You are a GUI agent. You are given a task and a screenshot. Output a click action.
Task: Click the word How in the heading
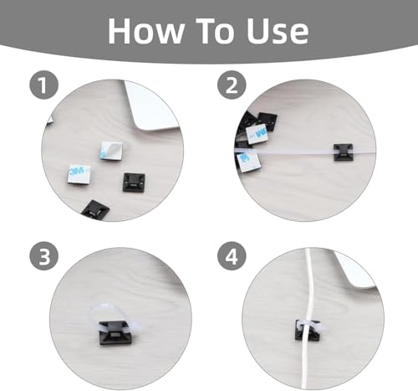[x=146, y=31]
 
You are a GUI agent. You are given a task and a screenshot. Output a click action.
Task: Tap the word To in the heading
[x=215, y=31]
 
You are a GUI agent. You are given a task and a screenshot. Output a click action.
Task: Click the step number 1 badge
[x=44, y=85]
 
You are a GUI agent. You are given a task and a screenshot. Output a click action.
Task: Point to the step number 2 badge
[x=232, y=85]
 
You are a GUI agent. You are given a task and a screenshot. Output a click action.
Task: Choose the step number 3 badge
[x=44, y=256]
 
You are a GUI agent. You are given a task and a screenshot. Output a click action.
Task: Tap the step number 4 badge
[x=232, y=256]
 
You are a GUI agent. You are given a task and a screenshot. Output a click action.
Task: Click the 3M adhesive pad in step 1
[x=79, y=175]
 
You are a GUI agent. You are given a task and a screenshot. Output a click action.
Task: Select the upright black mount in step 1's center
[x=134, y=183]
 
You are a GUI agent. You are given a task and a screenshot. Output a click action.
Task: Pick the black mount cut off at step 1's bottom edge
[x=95, y=209]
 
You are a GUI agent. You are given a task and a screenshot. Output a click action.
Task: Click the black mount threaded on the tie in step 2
[x=344, y=152]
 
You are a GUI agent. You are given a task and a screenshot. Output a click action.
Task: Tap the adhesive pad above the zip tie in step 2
[x=257, y=135]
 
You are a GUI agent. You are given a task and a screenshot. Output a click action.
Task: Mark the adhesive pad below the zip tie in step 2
[x=248, y=162]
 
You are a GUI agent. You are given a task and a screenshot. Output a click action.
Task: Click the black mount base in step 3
[x=113, y=332]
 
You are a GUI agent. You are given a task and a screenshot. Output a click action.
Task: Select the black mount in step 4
[x=308, y=331]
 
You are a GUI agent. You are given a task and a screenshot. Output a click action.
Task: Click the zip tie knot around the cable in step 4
[x=308, y=326]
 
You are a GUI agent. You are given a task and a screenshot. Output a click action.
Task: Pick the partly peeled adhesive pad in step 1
[x=111, y=150]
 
